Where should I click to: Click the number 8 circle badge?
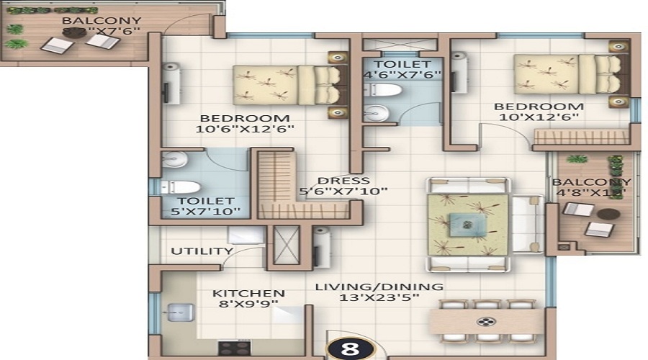tap(351, 348)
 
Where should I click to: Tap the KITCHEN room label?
tap(248, 294)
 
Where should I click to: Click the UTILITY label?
tap(202, 251)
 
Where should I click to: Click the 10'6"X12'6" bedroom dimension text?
tap(246, 130)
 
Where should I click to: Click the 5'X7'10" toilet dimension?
tap(206, 213)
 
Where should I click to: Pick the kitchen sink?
tap(177, 312)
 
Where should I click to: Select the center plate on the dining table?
tap(487, 321)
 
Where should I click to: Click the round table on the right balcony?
tap(608, 214)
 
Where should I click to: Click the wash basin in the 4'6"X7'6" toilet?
tap(374, 113)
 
